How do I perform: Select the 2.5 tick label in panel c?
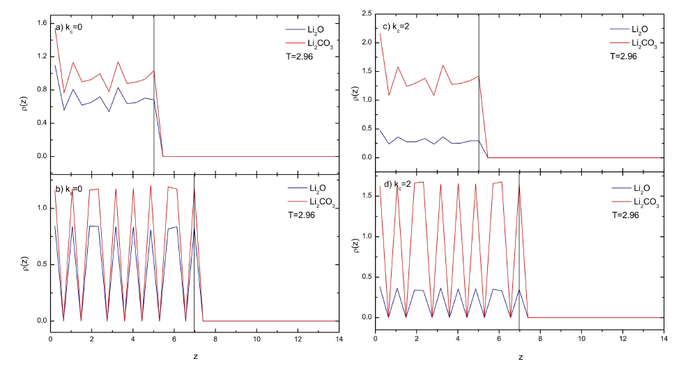(x=364, y=13)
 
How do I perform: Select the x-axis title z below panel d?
(x=520, y=357)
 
